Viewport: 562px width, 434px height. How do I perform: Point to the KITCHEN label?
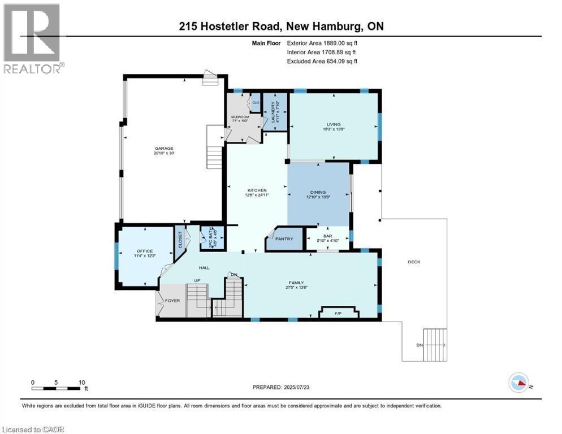[257, 190]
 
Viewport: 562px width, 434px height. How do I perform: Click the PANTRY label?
[284, 239]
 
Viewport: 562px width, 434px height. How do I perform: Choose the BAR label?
[327, 237]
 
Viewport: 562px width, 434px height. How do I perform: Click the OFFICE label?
[145, 251]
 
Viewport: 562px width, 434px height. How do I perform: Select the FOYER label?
[172, 301]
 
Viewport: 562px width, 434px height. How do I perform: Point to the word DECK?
[414, 262]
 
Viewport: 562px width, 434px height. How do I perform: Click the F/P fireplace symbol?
[339, 313]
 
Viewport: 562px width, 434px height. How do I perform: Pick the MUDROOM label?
[240, 118]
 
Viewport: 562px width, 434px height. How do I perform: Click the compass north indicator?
[519, 383]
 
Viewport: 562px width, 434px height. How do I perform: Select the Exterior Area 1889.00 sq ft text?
[322, 42]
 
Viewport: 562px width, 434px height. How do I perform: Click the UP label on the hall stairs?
[197, 280]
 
